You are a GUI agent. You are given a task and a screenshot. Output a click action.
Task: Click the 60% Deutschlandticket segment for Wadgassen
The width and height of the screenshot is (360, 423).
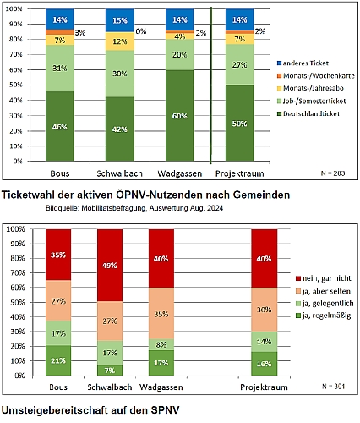pos(180,115)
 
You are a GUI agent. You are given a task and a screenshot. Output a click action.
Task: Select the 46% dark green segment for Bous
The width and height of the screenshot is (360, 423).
pos(60,126)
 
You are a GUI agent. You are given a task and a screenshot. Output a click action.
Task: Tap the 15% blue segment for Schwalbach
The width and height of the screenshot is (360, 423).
pos(120,20)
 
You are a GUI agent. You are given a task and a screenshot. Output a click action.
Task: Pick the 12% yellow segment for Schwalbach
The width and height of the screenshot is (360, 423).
pos(120,41)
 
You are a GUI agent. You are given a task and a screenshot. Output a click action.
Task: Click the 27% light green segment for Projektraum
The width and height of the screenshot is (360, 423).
pos(240,64)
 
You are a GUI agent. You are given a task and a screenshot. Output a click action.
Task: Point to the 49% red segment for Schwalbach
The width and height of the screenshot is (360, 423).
pos(110,266)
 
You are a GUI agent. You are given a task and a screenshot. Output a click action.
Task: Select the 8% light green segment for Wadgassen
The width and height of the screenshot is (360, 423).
pos(161,344)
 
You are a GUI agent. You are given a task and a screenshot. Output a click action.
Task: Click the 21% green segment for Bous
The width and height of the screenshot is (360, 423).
pos(58,360)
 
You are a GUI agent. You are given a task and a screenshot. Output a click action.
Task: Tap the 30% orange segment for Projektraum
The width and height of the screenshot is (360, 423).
pos(265,310)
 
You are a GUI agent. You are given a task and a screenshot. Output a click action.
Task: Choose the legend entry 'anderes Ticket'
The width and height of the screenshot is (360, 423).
pos(303,63)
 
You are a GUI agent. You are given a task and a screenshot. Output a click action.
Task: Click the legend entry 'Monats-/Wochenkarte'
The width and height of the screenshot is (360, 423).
pos(316,75)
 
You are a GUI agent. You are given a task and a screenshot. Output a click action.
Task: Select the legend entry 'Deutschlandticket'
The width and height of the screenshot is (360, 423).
pos(308,113)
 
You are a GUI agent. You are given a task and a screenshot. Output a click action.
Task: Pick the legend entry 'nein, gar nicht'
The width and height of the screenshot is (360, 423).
pos(324,278)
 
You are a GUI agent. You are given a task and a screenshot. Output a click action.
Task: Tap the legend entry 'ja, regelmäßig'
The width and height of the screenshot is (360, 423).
pos(324,316)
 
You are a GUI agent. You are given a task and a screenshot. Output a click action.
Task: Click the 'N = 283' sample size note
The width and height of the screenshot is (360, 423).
pos(333,173)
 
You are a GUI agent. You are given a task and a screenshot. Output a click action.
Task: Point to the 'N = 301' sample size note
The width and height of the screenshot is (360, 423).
pos(334,386)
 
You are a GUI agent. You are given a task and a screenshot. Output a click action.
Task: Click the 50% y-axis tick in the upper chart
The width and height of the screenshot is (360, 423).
pos(15,85)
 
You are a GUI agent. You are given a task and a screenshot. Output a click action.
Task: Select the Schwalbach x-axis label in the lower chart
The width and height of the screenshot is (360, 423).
pos(110,387)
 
